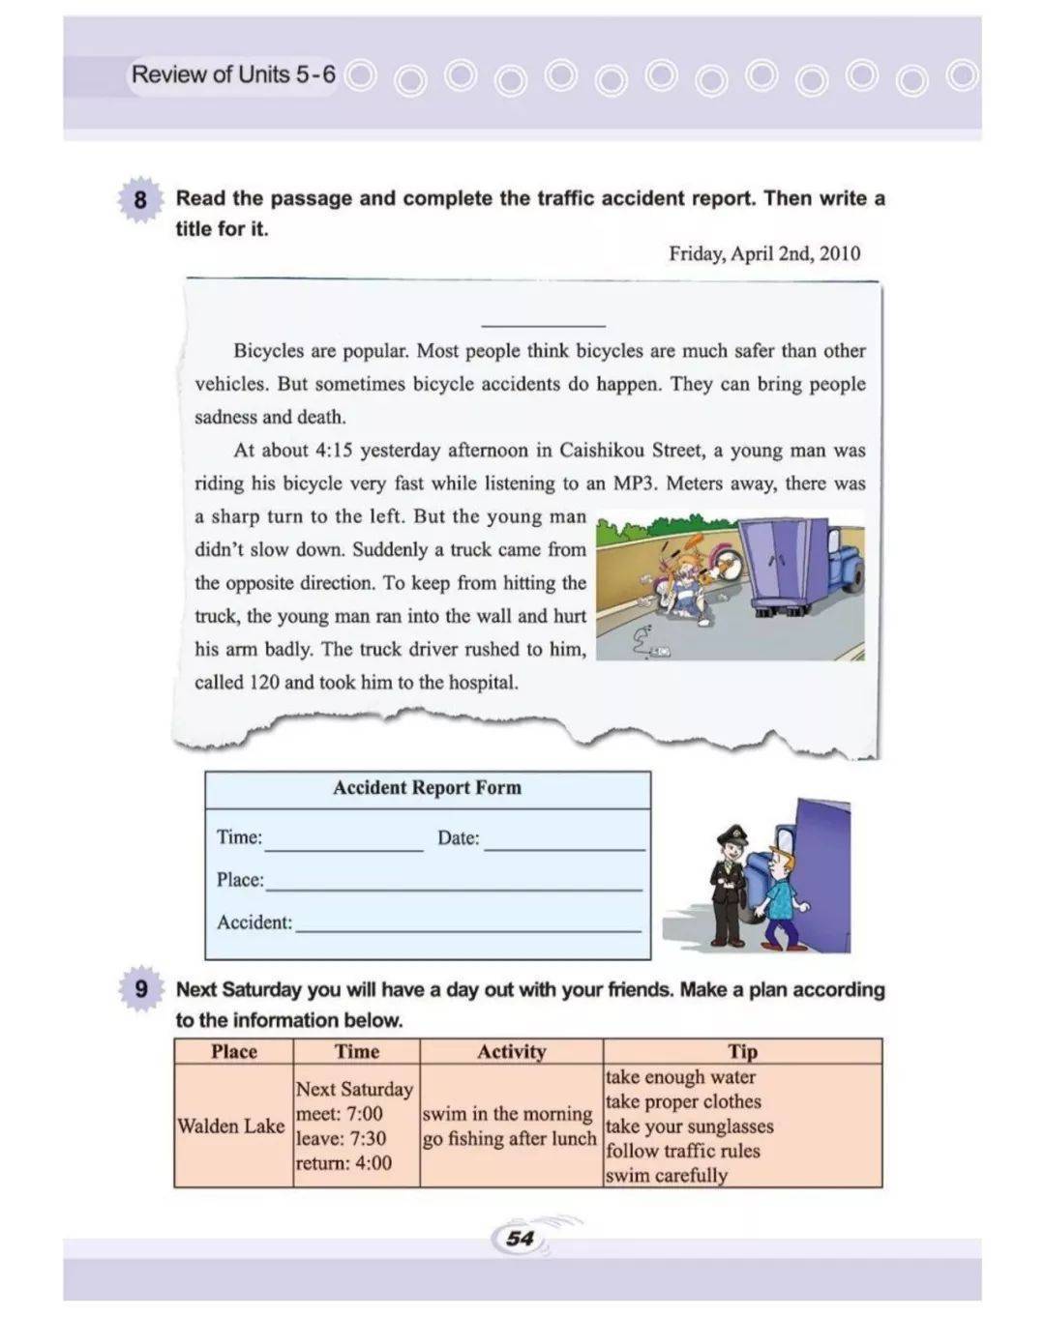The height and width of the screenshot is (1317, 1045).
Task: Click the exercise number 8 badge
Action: [x=140, y=200]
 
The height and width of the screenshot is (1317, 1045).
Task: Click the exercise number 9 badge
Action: [x=140, y=990]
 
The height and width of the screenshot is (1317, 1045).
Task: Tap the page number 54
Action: [x=520, y=1239]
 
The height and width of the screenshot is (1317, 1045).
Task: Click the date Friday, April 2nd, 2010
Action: [x=763, y=253]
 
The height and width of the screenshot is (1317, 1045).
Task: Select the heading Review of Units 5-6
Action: [x=233, y=74]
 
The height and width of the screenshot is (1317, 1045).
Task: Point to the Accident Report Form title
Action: [x=427, y=788]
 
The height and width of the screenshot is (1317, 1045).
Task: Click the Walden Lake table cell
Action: [x=231, y=1127]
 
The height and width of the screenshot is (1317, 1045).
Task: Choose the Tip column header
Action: [x=742, y=1052]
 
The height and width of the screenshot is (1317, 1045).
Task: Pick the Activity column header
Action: [x=511, y=1052]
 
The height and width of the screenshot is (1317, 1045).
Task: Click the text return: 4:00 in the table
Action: [x=343, y=1163]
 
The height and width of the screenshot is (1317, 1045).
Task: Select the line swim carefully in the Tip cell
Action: [x=667, y=1176]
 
